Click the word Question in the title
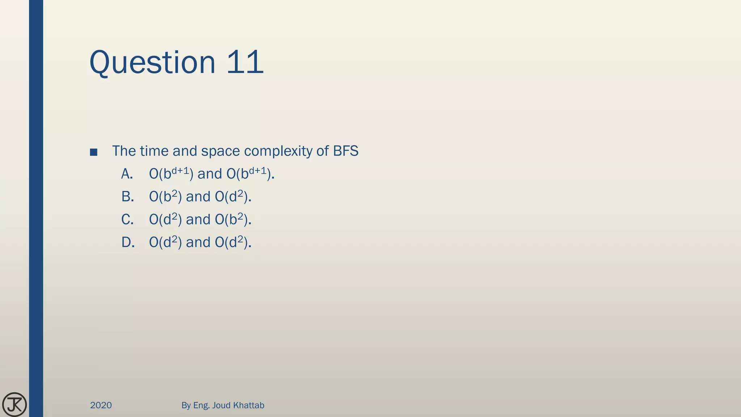click(152, 62)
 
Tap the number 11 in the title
click(245, 62)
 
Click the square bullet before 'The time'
click(94, 152)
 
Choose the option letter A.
click(127, 174)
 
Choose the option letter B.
click(127, 197)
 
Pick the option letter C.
click(127, 220)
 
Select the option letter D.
click(128, 243)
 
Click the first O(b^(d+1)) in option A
click(171, 174)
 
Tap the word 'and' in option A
click(210, 174)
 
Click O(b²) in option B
click(165, 197)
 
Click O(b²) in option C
click(233, 219)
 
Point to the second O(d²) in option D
click(233, 242)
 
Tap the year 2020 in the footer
click(101, 405)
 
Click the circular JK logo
click(14, 404)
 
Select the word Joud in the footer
click(221, 405)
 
